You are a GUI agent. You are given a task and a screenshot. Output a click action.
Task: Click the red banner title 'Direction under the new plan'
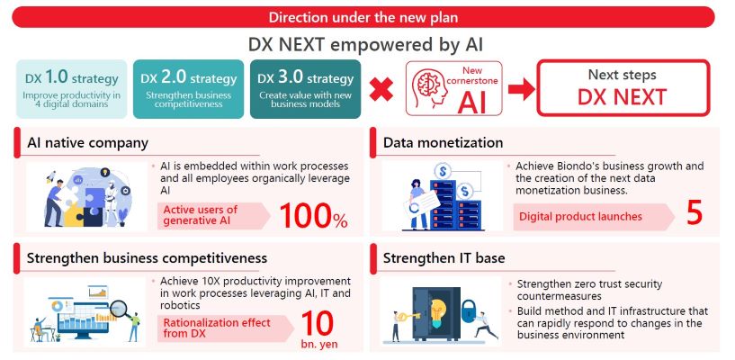pos(363,17)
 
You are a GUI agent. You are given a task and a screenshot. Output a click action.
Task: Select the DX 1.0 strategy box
pos(72,89)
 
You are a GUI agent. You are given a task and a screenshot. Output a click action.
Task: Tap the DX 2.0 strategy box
pos(188,89)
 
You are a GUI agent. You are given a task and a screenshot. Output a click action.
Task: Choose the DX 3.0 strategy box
pos(305,89)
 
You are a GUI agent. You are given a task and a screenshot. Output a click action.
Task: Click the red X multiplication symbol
pos(381,89)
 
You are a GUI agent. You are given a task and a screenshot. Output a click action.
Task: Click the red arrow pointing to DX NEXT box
pos(521,89)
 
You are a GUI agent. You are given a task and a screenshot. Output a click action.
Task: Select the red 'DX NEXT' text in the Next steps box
pos(622,97)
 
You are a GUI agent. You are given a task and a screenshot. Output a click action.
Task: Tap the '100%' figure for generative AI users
pos(314,215)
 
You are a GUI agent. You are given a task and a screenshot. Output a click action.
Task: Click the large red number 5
pos(695,213)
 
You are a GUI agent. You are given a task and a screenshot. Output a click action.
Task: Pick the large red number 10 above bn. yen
pos(318,323)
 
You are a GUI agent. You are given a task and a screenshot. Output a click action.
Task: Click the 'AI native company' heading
pos(87,142)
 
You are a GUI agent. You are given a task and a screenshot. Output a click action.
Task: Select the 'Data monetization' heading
pos(443,142)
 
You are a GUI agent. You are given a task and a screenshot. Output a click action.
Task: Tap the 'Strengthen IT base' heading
pos(444,257)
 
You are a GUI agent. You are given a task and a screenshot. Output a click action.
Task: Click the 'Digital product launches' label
pos(580,217)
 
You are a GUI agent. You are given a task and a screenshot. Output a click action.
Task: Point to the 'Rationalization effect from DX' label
pos(217,328)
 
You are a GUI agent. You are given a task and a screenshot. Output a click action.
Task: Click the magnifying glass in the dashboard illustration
pos(121,310)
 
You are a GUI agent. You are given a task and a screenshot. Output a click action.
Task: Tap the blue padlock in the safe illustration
pos(469,310)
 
